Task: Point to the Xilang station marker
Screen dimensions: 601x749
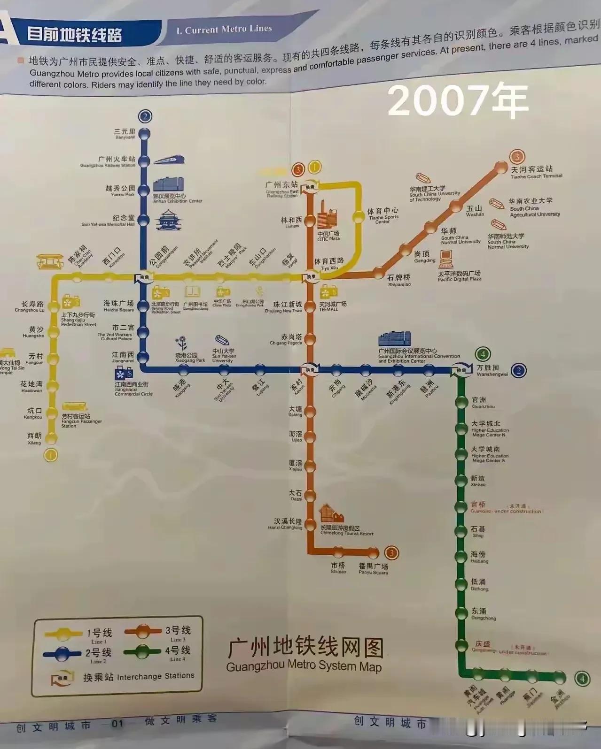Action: [51, 439]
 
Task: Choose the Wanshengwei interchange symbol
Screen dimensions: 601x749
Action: [462, 370]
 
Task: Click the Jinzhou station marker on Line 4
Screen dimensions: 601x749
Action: [559, 677]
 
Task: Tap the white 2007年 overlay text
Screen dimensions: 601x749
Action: [458, 100]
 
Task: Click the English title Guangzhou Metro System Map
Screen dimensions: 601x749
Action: [304, 666]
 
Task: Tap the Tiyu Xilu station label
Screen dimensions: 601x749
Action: [329, 263]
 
